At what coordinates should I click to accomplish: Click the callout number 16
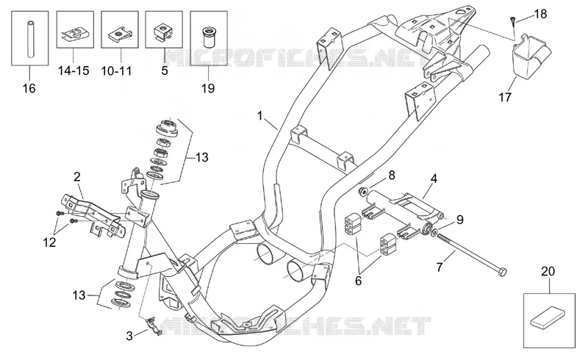coord(29,88)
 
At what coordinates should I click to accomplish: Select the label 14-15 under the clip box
coord(73,71)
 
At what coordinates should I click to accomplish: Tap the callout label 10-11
coord(116,71)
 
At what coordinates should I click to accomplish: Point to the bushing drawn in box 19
coord(209,37)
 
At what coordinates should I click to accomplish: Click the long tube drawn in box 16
coord(29,40)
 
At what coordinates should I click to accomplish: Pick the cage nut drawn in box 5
coord(163,32)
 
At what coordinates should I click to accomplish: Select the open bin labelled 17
coord(529,56)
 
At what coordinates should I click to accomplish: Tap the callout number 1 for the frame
coord(260,116)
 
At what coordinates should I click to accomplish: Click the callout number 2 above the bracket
coord(77,177)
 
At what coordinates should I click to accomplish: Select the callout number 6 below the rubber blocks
coord(358,281)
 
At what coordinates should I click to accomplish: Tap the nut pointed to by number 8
coord(363,192)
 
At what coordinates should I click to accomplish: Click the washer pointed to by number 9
coord(434,233)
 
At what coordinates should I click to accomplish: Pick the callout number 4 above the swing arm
coord(434,179)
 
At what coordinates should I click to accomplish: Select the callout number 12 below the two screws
coord(49,242)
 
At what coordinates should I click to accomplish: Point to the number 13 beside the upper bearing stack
coord(201,157)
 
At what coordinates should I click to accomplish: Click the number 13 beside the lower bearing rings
coord(79,295)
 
